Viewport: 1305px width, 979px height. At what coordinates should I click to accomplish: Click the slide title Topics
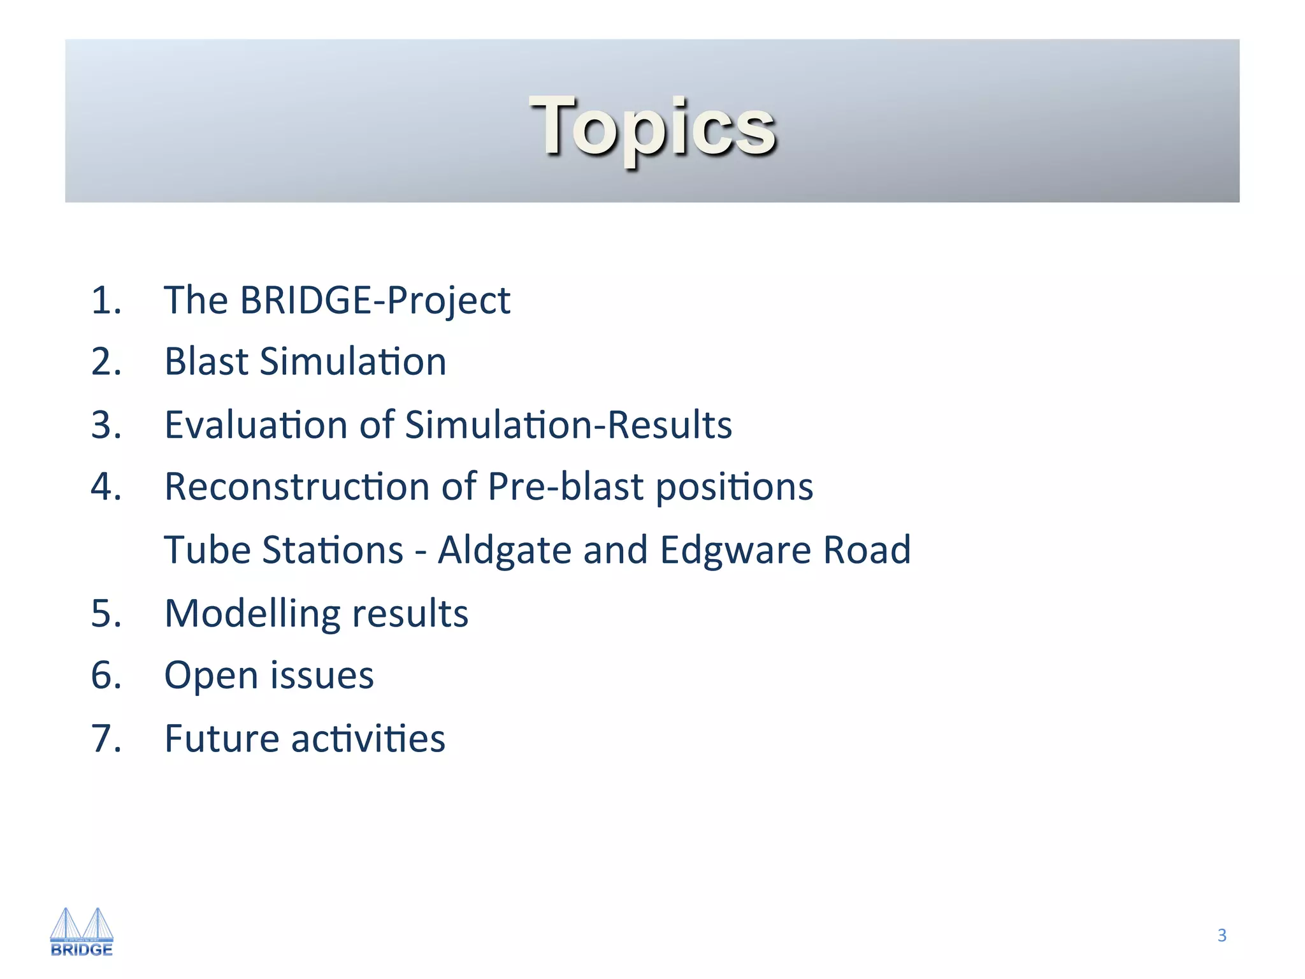[652, 126]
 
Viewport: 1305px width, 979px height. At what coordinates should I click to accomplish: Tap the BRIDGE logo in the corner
[82, 932]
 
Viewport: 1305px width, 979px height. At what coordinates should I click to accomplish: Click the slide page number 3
[1222, 935]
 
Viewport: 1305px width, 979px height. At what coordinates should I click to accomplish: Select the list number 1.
[106, 300]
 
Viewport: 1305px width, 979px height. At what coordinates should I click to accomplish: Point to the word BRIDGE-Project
[375, 300]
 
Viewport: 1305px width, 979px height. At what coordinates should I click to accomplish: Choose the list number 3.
[106, 424]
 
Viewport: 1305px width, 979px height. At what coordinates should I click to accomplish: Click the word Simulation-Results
[568, 424]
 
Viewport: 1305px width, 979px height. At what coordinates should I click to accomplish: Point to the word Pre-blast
[566, 486]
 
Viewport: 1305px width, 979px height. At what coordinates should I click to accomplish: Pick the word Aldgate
[505, 549]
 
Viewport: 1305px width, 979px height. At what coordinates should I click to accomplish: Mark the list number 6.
[106, 675]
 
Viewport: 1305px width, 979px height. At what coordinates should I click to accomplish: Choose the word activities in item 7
[368, 738]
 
